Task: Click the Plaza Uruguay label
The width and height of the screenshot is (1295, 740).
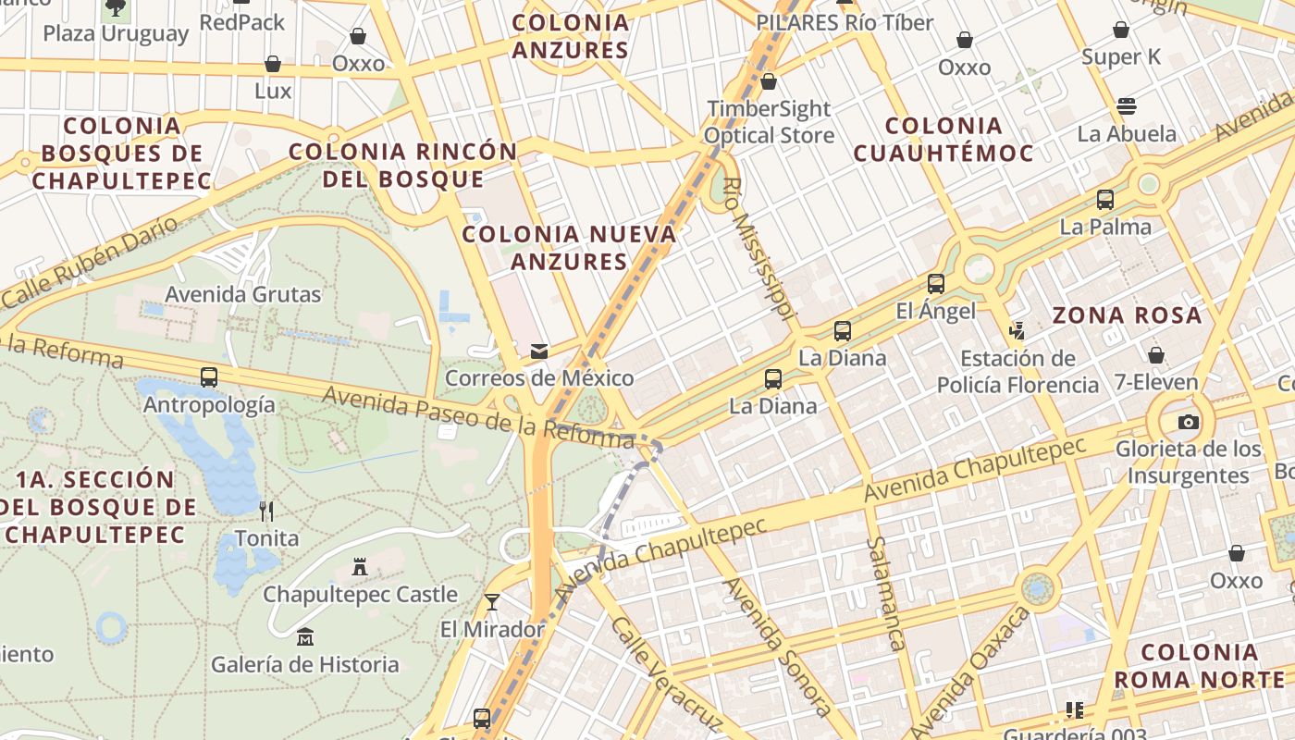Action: click(x=116, y=34)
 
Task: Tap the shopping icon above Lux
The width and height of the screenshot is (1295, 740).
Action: click(x=273, y=64)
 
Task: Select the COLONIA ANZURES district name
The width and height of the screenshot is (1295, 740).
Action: click(x=570, y=36)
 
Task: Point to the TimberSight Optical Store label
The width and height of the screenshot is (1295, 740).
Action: click(x=769, y=122)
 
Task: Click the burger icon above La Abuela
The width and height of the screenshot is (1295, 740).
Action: click(x=1127, y=105)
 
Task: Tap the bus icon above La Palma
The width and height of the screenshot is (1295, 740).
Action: click(x=1104, y=199)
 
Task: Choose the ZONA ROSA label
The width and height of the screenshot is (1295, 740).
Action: click(x=1127, y=315)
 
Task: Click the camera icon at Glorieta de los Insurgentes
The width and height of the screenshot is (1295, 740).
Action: click(x=1189, y=422)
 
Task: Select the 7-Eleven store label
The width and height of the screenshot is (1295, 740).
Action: click(x=1155, y=382)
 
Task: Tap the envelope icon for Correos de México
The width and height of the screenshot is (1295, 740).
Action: click(x=538, y=351)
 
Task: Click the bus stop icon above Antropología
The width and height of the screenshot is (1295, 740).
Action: click(x=209, y=377)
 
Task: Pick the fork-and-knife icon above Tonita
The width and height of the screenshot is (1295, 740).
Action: click(x=266, y=511)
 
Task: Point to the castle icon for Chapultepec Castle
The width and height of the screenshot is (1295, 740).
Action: click(x=360, y=566)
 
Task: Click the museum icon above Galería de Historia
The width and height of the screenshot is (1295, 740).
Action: click(x=305, y=636)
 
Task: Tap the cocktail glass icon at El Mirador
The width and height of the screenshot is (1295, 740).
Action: click(x=492, y=602)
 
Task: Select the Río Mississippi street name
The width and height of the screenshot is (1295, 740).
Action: click(x=758, y=250)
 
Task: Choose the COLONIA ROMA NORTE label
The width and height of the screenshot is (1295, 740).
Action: click(x=1199, y=666)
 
